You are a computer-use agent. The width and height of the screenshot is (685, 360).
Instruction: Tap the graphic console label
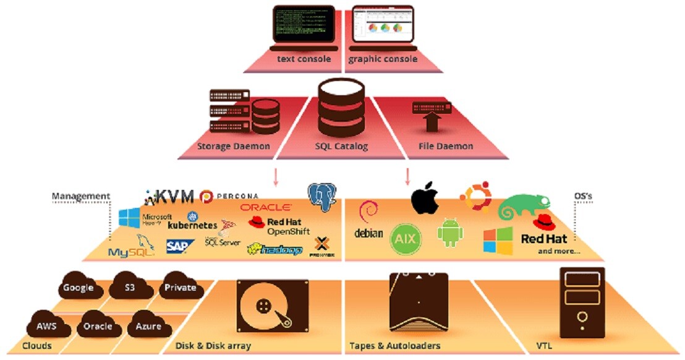(x=383, y=59)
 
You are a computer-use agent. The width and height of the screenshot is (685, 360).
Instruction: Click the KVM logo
(x=169, y=197)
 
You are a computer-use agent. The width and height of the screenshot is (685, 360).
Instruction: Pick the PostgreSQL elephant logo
(x=323, y=197)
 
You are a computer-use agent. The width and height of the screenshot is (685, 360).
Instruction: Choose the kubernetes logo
(x=192, y=221)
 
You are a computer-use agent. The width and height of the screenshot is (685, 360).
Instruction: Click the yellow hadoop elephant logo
(x=274, y=249)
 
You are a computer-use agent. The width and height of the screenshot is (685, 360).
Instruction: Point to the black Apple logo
(x=425, y=199)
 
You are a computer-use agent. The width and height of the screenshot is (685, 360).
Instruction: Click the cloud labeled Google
(x=79, y=287)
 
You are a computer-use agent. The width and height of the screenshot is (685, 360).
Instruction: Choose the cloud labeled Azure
(x=148, y=325)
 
